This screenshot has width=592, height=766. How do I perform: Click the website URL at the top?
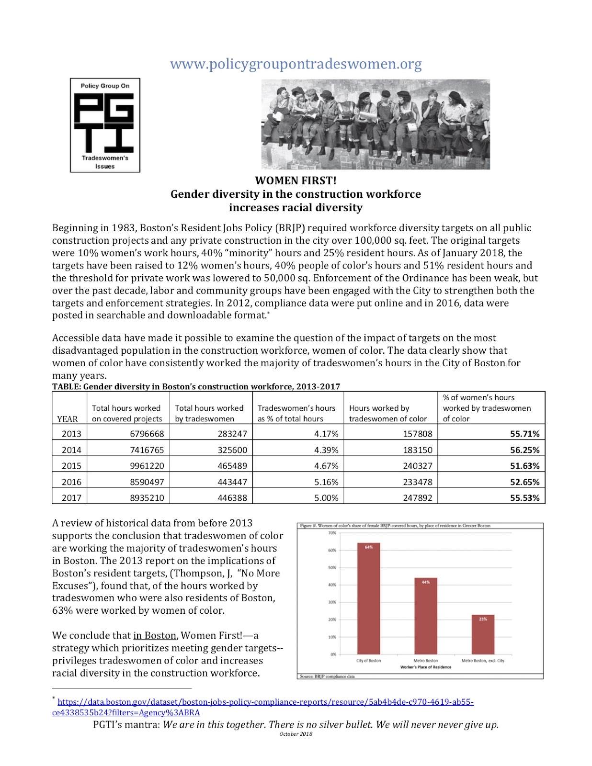coord(296,64)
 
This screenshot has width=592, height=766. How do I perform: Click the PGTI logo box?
coord(105,125)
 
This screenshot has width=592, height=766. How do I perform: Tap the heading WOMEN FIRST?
coord(296,180)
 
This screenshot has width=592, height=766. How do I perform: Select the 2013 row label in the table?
coord(71,434)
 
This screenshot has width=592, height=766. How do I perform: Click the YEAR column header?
coord(67,419)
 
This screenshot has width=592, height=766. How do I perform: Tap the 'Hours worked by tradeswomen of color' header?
coord(387,413)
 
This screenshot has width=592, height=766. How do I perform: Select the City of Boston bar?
coord(368,598)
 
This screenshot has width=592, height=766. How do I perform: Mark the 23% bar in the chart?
coord(483,634)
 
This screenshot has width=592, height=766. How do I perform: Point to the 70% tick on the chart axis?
coord(332,533)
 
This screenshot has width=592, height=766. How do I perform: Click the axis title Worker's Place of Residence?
coord(425,667)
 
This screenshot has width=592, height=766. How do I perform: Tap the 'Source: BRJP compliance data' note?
coord(327,676)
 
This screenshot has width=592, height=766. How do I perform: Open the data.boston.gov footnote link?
coord(265,702)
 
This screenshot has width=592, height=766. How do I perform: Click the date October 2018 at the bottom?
coord(296,734)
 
